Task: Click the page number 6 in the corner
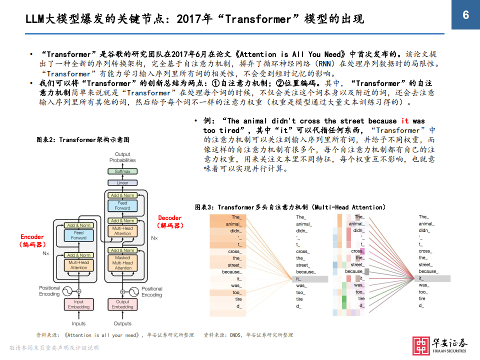tap(465, 15)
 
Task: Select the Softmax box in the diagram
tap(122, 171)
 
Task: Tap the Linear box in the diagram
tap(122, 183)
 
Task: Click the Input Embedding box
tap(79, 304)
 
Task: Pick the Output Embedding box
tap(122, 304)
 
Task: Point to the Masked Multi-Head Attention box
tap(122, 263)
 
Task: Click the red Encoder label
tap(32, 236)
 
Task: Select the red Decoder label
tap(170, 218)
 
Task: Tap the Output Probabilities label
tap(122, 157)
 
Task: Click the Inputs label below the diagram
tap(79, 323)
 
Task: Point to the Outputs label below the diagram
tap(122, 323)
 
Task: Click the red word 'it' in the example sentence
tap(405, 121)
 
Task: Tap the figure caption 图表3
tap(290, 207)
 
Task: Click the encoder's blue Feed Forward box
tap(79, 235)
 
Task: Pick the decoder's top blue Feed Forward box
tap(122, 205)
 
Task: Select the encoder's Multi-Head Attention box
tap(79, 265)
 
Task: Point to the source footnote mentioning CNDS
tap(248, 335)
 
